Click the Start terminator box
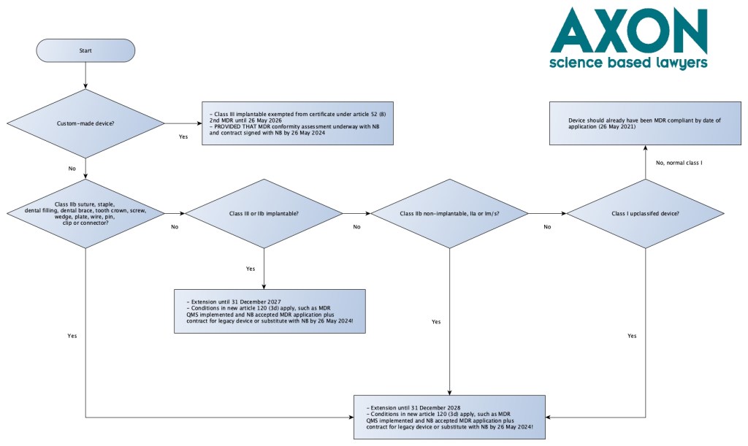click(x=85, y=50)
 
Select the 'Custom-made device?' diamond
click(x=85, y=123)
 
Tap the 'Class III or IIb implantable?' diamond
click(x=264, y=213)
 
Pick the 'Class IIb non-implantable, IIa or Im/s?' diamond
click(x=449, y=213)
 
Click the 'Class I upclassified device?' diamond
click(x=644, y=213)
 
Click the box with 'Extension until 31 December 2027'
click(x=269, y=312)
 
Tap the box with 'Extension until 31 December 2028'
click(x=449, y=417)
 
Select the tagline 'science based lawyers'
click(x=628, y=63)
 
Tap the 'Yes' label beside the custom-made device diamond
click(x=184, y=136)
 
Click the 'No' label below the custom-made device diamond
click(x=72, y=169)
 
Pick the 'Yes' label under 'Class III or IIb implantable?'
click(x=251, y=269)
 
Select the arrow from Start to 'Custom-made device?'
click(x=85, y=76)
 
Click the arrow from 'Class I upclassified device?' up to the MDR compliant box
click(x=644, y=162)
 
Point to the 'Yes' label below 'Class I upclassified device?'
click(x=632, y=336)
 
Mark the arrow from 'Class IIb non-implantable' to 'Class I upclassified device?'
click(x=546, y=213)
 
